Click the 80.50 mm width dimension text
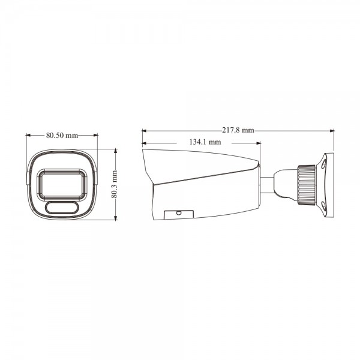(62, 136)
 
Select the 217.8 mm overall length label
(238, 130)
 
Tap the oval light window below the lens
(61, 208)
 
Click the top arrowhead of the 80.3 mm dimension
(115, 151)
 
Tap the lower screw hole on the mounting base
(323, 206)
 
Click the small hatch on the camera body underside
(179, 213)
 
